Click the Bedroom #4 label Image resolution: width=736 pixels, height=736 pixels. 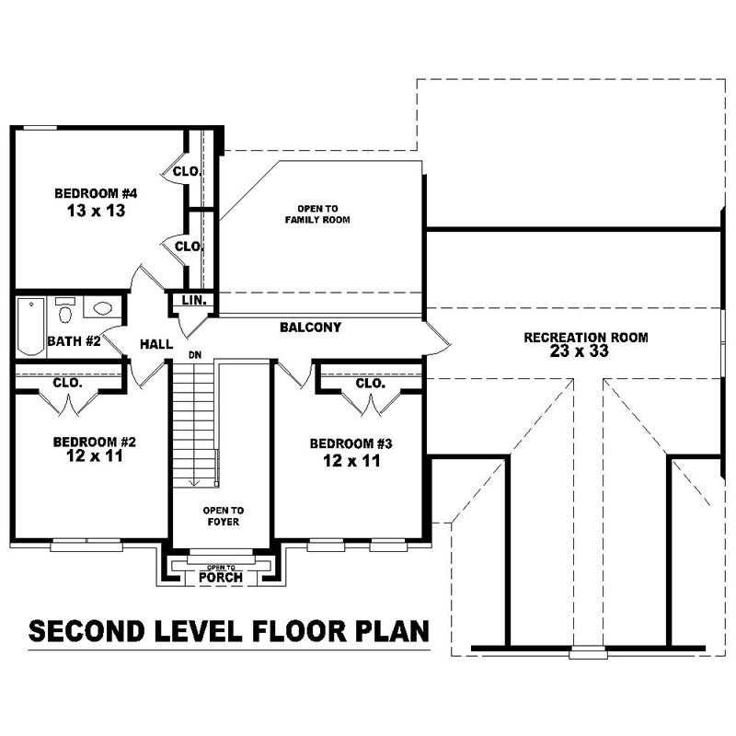click(96, 193)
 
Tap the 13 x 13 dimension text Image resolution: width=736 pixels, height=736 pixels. click(96, 211)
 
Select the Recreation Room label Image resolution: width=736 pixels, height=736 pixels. click(585, 338)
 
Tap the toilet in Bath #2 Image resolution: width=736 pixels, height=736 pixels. click(65, 312)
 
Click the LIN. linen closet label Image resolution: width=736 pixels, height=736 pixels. click(193, 301)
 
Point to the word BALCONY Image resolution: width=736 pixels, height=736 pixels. click(310, 327)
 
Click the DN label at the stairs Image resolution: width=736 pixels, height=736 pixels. click(194, 354)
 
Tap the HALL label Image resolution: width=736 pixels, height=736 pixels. click(156, 344)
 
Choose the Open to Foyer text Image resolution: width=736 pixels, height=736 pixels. click(224, 516)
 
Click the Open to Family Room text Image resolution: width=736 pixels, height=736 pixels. click(316, 214)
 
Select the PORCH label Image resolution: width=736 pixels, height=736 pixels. click(221, 578)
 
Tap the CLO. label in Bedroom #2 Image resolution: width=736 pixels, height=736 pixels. click(67, 383)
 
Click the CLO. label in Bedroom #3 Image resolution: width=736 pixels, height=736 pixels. click(370, 383)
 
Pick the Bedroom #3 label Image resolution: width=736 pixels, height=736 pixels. click(351, 443)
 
